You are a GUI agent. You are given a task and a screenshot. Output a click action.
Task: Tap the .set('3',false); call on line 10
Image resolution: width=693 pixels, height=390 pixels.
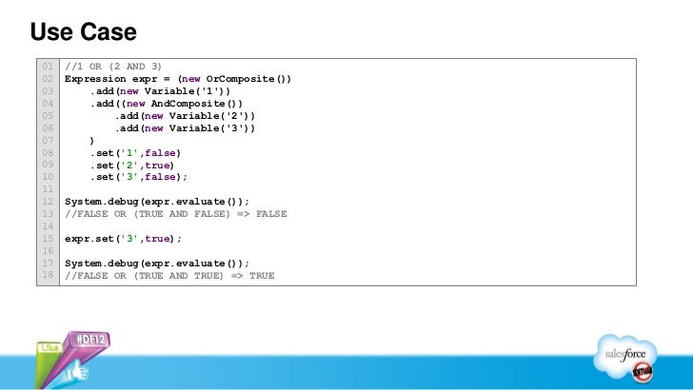pyautogui.click(x=139, y=177)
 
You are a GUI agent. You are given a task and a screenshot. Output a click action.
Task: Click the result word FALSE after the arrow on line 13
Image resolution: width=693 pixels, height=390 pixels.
pyautogui.click(x=271, y=214)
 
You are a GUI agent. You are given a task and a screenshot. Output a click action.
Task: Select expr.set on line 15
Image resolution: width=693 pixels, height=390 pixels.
pyautogui.click(x=90, y=239)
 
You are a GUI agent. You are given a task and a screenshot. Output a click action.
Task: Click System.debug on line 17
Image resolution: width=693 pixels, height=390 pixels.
pyautogui.click(x=103, y=263)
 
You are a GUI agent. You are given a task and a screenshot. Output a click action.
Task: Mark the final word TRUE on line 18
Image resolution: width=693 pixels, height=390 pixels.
pyautogui.click(x=262, y=276)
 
